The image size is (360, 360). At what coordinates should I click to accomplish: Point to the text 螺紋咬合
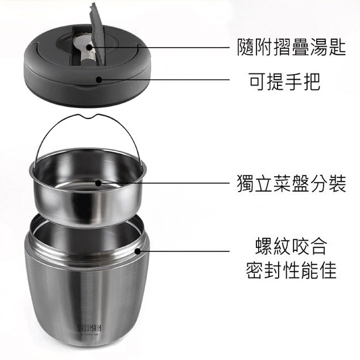291,245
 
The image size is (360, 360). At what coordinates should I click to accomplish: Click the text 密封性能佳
291,271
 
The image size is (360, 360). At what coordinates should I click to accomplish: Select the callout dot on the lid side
99,79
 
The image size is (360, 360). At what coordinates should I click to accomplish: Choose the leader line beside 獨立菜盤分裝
166,182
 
